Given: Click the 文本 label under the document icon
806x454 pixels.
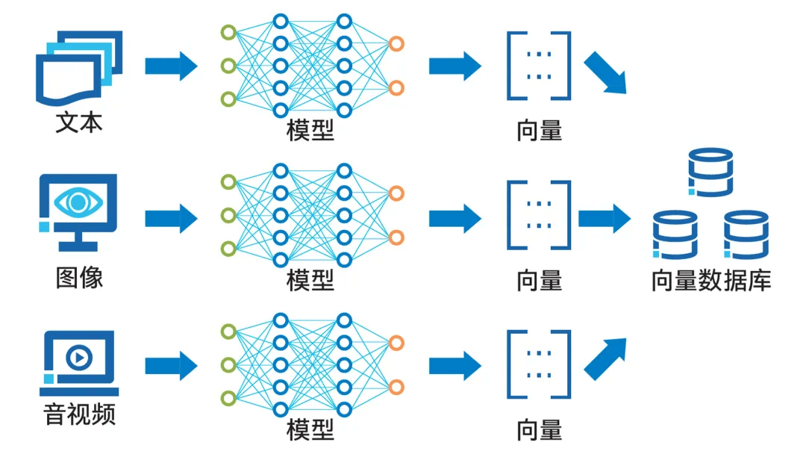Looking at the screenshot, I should [x=78, y=122].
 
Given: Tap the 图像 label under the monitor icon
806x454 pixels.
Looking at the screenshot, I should [x=79, y=278].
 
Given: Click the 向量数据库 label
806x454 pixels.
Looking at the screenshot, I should [x=710, y=281].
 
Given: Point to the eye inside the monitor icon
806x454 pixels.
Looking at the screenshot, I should [x=78, y=202].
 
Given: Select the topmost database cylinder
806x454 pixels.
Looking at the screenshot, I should [x=710, y=172].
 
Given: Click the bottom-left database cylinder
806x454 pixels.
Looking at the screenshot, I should [x=675, y=234].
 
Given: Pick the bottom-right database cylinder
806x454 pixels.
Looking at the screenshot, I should [x=746, y=234].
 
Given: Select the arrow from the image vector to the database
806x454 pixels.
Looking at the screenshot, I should [x=604, y=218].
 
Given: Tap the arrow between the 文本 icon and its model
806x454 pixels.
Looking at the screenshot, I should [x=171, y=66].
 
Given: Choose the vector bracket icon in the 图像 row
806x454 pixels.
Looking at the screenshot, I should [x=539, y=214].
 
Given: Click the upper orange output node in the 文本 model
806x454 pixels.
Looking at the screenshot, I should [x=397, y=44].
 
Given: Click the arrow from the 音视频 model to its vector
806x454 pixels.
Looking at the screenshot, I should [x=454, y=365].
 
